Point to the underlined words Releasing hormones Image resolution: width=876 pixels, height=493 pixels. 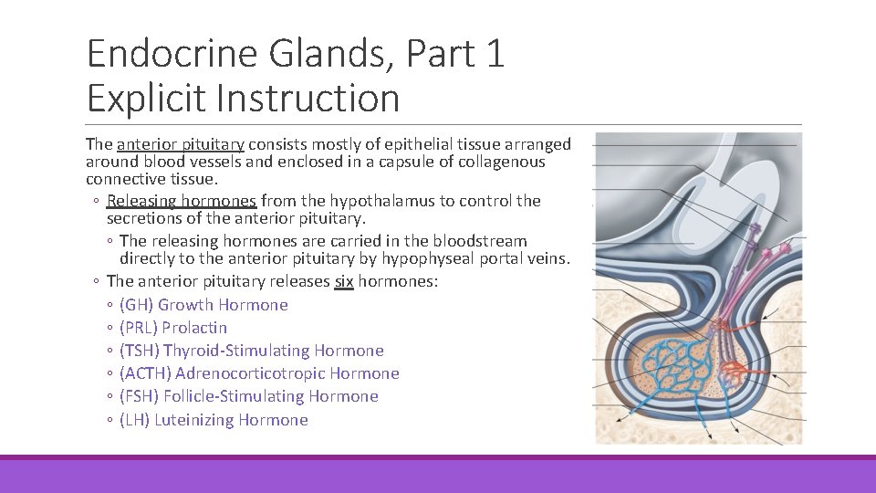(182, 201)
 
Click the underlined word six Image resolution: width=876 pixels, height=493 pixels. (343, 281)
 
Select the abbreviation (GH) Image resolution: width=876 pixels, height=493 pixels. (136, 305)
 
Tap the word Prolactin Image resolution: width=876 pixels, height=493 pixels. (196, 328)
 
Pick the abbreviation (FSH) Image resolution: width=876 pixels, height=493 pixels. (139, 396)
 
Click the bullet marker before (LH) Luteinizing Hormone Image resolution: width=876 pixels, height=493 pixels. (109, 420)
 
